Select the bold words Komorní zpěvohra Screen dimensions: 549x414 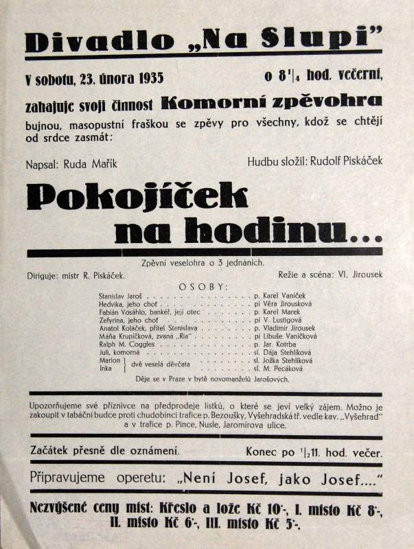point(271,102)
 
